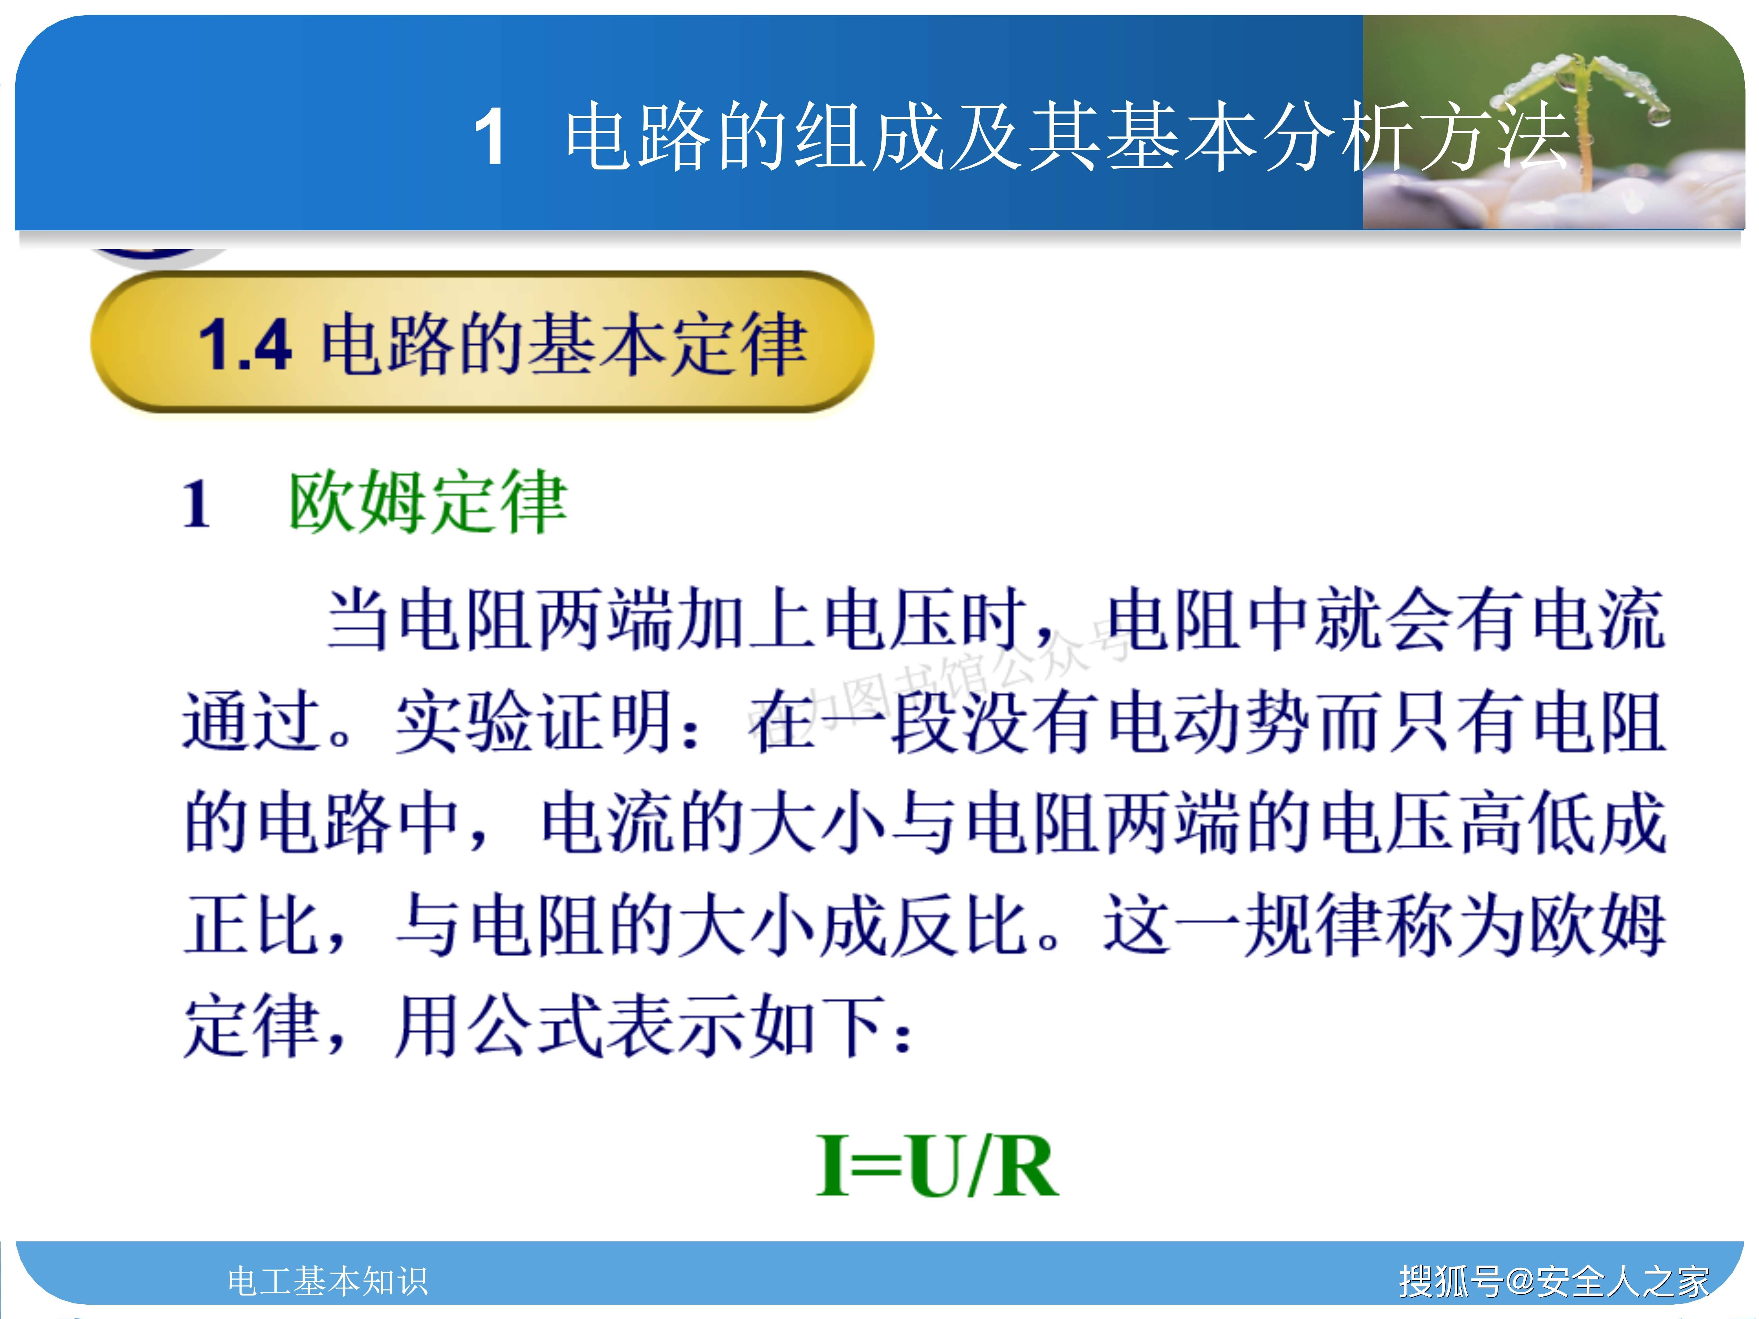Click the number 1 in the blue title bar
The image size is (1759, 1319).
tap(490, 137)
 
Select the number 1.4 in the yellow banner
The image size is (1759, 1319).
tap(245, 344)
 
